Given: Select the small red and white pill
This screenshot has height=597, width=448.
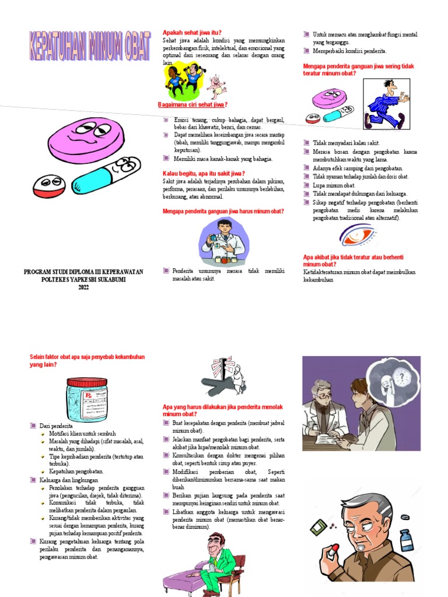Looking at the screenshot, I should tap(51, 185).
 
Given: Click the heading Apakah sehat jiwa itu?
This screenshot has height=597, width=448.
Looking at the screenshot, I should tap(192, 33).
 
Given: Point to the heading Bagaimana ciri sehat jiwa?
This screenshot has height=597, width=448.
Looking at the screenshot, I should tap(192, 105).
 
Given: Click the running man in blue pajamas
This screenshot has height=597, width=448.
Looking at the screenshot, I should tap(386, 104).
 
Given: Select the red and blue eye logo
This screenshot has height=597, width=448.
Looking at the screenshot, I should tap(358, 236).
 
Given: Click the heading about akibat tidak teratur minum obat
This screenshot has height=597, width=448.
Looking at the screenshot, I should tap(353, 261).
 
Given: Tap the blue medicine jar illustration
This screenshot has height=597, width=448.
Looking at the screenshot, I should tap(87, 399).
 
